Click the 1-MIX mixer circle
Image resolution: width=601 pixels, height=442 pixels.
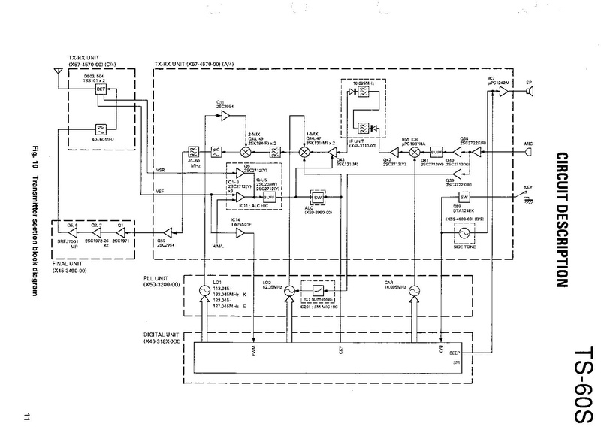304,151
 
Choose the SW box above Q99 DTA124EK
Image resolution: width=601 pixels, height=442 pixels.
464,197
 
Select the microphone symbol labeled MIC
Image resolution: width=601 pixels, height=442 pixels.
531,151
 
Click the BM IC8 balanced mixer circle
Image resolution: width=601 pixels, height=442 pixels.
412,151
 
